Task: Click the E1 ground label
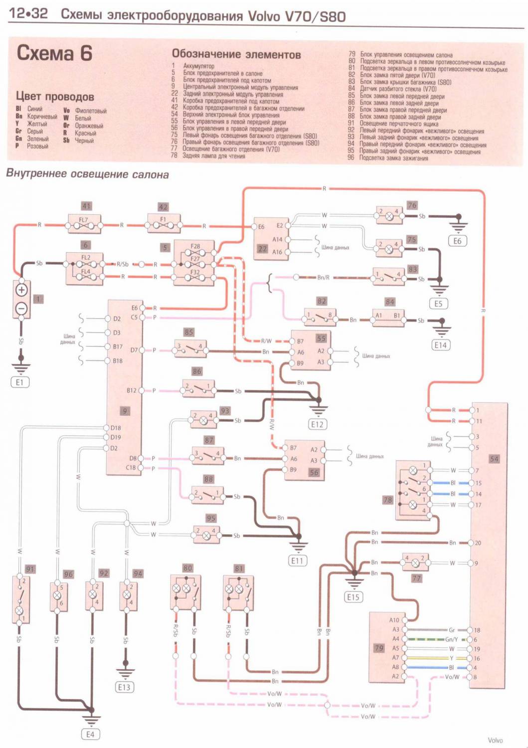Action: [19, 382]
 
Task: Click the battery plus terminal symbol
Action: [21, 290]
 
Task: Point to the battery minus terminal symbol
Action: [21, 309]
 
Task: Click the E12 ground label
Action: [317, 424]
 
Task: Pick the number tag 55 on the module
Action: [321, 339]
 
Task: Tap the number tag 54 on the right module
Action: [494, 459]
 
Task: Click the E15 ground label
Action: [353, 597]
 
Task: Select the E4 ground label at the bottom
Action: [90, 735]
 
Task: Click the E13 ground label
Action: [124, 687]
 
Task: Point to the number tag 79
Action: [379, 648]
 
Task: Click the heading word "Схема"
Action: [45, 53]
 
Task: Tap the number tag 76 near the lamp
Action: [412, 205]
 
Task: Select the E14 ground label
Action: [441, 345]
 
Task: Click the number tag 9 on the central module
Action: [125, 411]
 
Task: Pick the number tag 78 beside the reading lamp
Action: [388, 500]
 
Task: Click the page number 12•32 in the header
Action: [28, 14]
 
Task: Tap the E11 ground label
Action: [297, 561]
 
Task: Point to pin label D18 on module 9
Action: [116, 428]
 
